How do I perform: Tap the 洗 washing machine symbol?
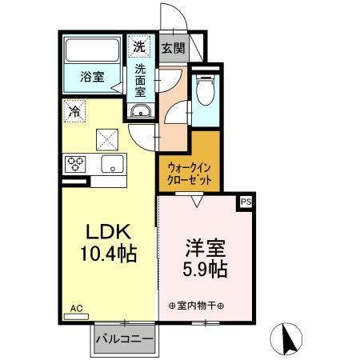140,46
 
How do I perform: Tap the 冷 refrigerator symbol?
75,110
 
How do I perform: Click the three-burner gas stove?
77,164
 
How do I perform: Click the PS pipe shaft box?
246,203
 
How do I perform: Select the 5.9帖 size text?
204,270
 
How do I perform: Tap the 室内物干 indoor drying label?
197,306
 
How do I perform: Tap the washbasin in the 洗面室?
140,111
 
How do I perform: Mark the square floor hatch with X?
108,140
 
